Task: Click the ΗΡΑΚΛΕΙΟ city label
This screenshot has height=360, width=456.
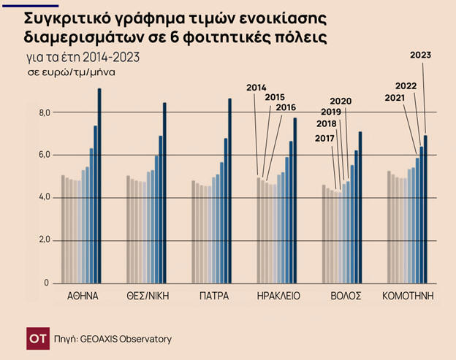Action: (278, 296)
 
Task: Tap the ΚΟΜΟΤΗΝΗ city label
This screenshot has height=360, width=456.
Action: (408, 296)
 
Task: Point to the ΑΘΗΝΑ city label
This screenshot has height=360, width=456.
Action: (82, 296)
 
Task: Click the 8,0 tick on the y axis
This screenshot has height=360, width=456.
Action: (45, 112)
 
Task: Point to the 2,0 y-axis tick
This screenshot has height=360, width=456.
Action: (45, 240)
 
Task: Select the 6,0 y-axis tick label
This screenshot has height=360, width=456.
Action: (45, 155)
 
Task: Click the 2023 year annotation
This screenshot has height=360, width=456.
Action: (421, 55)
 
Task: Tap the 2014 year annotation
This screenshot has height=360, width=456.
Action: (256, 88)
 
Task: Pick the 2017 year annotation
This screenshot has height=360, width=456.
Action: (325, 139)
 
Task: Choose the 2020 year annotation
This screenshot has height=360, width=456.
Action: (341, 101)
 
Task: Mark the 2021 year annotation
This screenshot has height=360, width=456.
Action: (395, 98)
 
